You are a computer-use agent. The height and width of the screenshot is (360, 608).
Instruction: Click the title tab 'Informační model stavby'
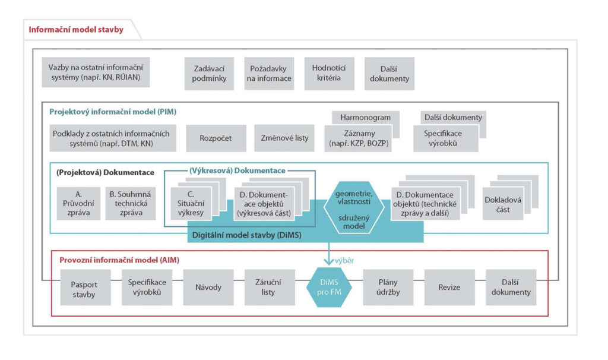coord(76,29)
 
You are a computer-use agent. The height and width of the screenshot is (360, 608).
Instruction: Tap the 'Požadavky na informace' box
coord(269,73)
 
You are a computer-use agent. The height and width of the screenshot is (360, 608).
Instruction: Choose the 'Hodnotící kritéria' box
coord(329,73)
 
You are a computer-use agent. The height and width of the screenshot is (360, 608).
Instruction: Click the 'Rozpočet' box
coord(216,138)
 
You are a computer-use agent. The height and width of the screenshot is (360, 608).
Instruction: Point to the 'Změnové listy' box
coord(284,138)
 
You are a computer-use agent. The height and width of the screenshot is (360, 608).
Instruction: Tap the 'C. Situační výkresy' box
coord(190,204)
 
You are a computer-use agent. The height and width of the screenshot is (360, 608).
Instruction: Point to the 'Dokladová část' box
coord(502,204)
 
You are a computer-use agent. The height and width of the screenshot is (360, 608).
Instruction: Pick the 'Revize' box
coord(449,287)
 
